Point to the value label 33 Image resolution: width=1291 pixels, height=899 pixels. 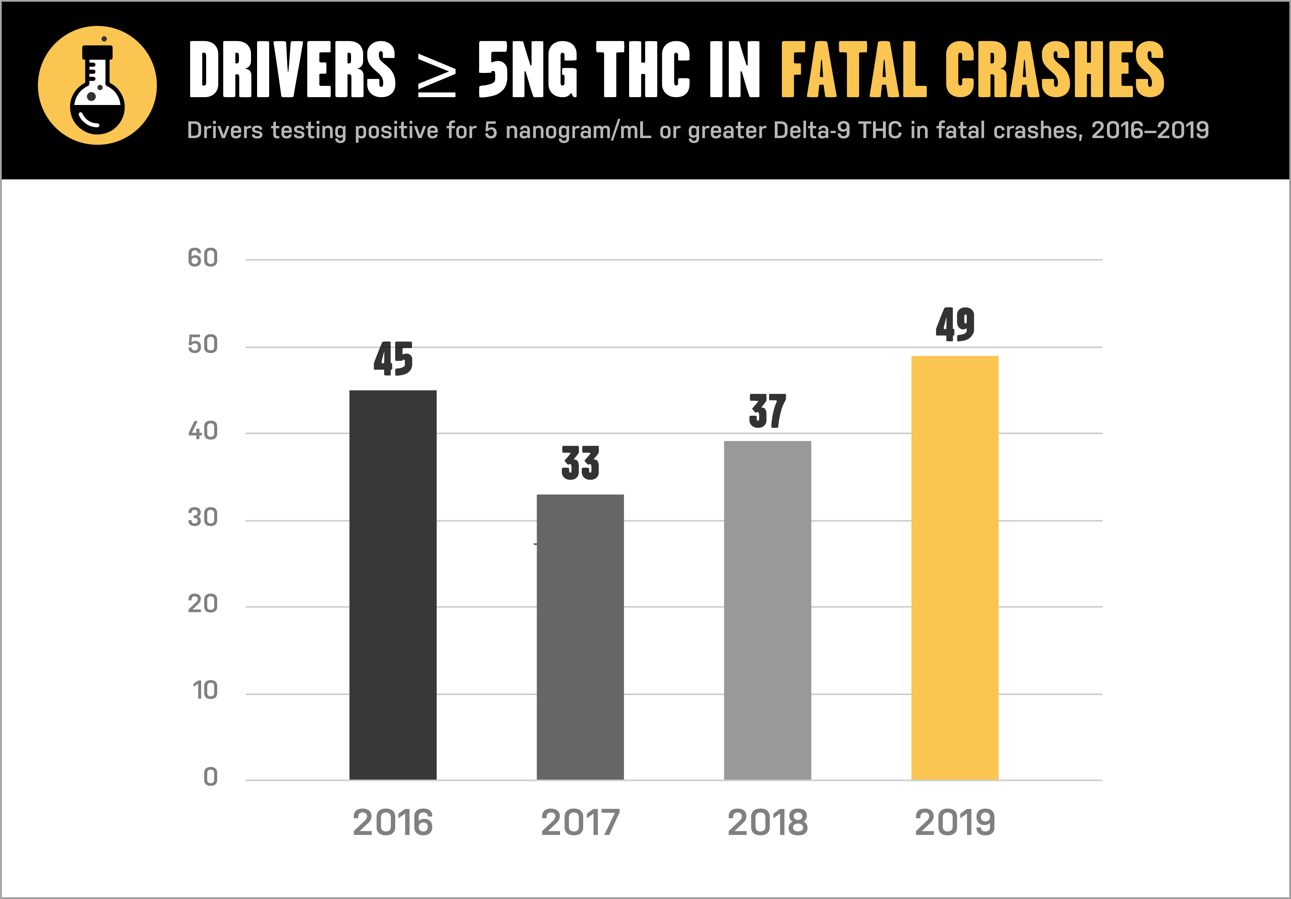pyautogui.click(x=580, y=463)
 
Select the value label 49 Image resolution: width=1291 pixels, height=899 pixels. pyautogui.click(x=955, y=325)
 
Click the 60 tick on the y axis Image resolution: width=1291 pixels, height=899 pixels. pyautogui.click(x=203, y=258)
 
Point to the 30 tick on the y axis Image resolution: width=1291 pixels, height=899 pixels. pyautogui.click(x=203, y=517)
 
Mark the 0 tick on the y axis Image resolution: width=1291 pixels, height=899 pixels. pyautogui.click(x=210, y=777)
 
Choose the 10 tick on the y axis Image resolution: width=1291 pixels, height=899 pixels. pyautogui.click(x=205, y=690)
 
